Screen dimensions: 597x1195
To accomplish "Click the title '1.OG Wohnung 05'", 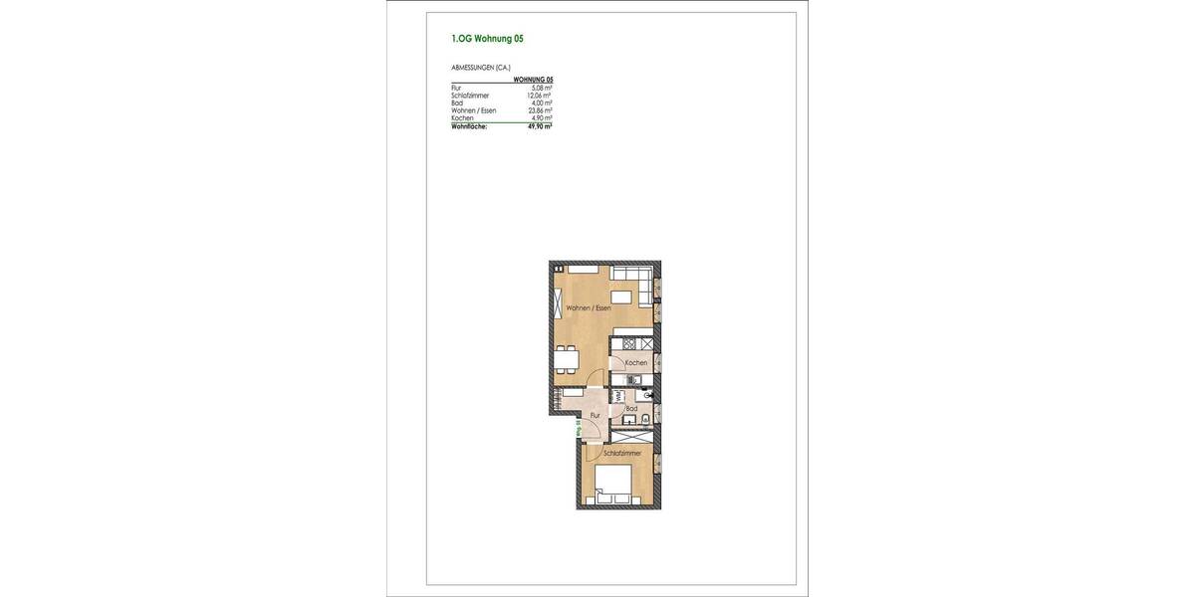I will tap(487, 40).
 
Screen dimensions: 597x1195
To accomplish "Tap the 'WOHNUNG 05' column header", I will tap(533, 80).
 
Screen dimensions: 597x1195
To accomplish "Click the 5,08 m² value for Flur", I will tap(542, 88).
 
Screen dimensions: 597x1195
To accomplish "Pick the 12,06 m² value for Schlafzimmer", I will tap(540, 96).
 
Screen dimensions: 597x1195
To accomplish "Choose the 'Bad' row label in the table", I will tap(457, 102).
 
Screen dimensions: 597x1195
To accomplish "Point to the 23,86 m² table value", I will tap(540, 110).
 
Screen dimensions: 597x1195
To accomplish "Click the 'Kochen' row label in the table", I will tap(461, 118).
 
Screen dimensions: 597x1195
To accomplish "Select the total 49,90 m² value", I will tap(540, 126).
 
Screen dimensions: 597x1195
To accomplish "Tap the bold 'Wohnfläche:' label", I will tap(469, 126).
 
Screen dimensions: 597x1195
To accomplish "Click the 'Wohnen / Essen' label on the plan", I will tap(589, 309).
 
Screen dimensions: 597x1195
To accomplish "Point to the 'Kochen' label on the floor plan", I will tap(636, 363).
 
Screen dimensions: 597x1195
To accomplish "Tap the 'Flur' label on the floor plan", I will tap(595, 415).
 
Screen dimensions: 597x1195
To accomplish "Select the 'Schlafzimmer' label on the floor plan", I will tap(621, 454).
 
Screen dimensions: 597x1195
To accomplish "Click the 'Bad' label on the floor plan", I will tap(631, 408).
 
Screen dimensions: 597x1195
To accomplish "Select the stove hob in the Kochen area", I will tap(629, 344).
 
